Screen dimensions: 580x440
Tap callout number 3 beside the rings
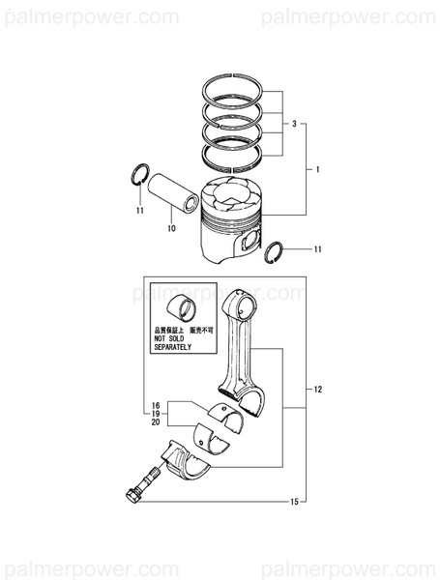point(293,125)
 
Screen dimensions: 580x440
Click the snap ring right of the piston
point(274,251)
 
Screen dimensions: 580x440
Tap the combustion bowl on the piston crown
point(235,197)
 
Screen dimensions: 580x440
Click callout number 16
point(155,402)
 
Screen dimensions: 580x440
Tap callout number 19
point(155,413)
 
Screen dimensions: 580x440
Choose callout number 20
point(155,423)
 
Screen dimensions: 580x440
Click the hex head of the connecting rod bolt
point(133,494)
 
